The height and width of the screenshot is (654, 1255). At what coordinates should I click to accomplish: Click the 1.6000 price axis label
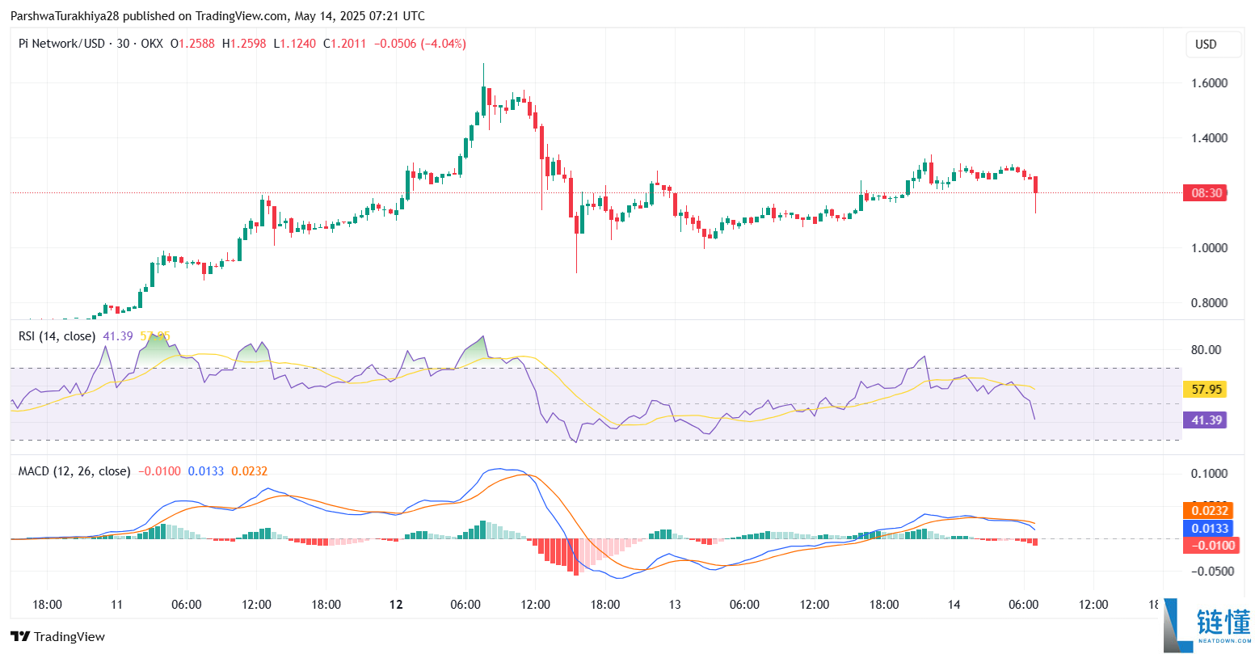click(1209, 83)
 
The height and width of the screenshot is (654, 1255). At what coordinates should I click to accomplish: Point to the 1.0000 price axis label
click(1209, 248)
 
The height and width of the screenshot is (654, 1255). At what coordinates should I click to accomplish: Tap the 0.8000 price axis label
click(1209, 303)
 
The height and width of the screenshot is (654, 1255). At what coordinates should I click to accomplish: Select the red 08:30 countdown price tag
click(1206, 193)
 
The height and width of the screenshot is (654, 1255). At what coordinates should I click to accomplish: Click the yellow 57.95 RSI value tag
click(1206, 390)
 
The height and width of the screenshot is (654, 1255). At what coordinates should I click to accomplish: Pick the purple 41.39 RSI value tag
click(1206, 420)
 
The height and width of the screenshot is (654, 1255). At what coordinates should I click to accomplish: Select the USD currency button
click(1206, 44)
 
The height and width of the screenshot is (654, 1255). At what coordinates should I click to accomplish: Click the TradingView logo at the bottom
click(58, 637)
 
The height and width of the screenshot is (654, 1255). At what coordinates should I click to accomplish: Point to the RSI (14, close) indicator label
click(57, 336)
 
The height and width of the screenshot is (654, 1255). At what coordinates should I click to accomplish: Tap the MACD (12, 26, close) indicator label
click(74, 471)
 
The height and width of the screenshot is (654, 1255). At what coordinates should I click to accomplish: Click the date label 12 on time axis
click(396, 605)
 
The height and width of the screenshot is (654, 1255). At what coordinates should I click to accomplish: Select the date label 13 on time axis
click(675, 605)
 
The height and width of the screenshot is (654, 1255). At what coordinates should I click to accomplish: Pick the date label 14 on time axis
click(954, 605)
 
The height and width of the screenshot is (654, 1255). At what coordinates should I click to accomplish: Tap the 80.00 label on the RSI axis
click(1206, 350)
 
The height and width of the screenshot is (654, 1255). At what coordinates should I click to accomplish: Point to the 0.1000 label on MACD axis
click(1209, 474)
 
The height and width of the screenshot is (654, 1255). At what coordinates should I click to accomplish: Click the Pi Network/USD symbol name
click(61, 44)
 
